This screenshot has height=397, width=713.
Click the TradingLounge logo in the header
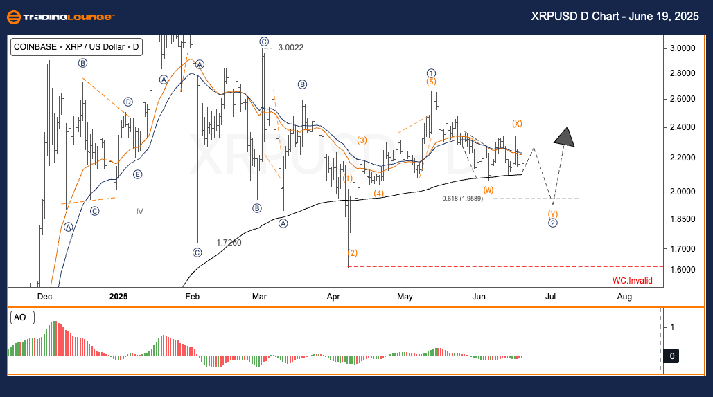(x=61, y=17)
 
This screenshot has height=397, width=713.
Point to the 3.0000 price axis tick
(x=683, y=48)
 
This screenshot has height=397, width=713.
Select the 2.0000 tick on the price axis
(x=683, y=192)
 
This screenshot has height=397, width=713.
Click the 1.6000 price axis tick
(x=683, y=270)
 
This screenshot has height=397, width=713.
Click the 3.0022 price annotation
(x=290, y=48)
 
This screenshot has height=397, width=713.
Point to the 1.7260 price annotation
(x=229, y=243)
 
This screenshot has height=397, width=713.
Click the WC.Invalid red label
(x=632, y=281)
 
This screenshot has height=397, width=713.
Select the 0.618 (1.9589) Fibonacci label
(x=462, y=198)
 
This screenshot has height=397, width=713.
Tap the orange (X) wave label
(x=517, y=124)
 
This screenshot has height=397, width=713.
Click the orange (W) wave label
(x=488, y=190)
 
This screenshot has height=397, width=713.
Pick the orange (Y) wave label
(x=553, y=214)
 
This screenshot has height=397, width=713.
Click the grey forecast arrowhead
(x=565, y=137)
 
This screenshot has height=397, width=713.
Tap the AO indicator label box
(x=20, y=317)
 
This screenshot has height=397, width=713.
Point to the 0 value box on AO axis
(x=672, y=356)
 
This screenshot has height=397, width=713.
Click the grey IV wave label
(x=139, y=212)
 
